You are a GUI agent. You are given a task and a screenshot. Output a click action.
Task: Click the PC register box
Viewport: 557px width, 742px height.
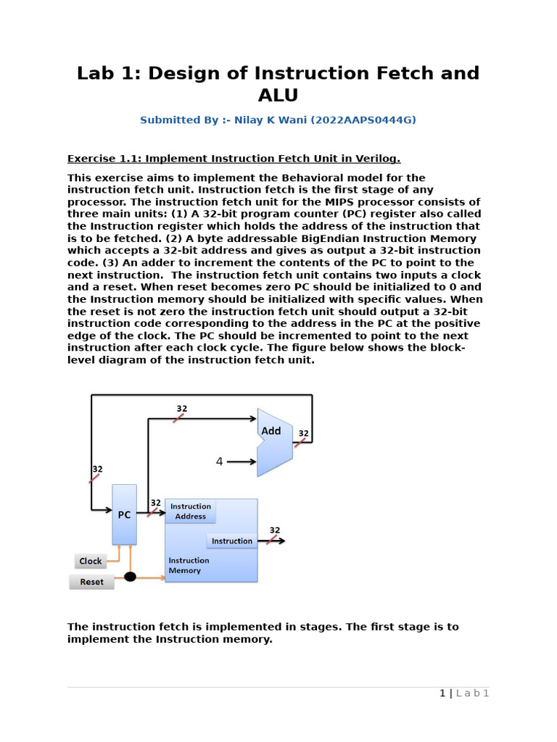[124, 514]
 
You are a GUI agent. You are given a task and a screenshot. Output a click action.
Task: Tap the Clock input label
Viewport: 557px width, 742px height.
[91, 561]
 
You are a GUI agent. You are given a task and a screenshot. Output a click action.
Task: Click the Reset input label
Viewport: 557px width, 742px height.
[91, 582]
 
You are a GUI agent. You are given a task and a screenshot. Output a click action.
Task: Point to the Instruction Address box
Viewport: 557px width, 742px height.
[191, 512]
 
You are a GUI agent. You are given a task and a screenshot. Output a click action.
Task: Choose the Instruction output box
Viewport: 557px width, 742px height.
[231, 541]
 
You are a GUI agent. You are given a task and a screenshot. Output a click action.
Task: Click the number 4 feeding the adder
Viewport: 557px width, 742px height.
[219, 461]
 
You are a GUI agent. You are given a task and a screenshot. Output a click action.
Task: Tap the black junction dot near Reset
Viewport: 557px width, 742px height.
[130, 577]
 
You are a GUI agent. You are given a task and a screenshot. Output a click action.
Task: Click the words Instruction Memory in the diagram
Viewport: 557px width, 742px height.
[189, 565]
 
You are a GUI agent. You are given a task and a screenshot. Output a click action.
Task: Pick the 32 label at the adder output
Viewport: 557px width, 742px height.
[303, 434]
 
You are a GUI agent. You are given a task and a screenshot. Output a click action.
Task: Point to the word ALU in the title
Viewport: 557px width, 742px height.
[278, 96]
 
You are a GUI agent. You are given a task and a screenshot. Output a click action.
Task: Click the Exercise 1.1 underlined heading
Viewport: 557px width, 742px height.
[234, 159]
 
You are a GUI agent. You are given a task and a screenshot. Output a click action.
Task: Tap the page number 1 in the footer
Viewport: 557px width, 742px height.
[442, 693]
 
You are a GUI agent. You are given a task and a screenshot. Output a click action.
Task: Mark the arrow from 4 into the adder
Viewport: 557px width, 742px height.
[242, 461]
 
